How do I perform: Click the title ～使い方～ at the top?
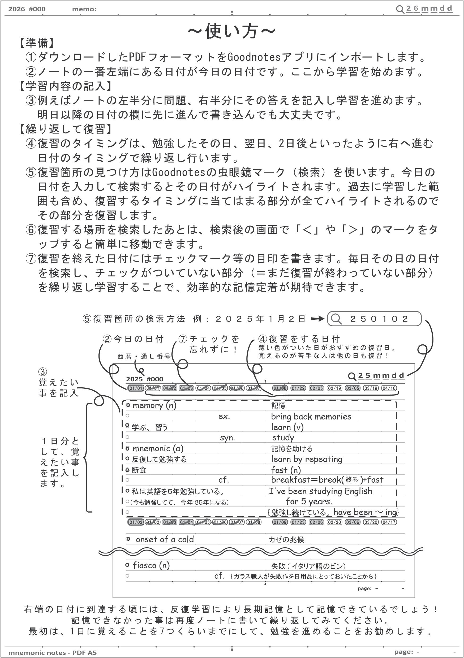(x=232, y=31)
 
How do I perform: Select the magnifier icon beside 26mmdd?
(x=400, y=9)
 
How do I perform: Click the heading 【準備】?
(x=37, y=43)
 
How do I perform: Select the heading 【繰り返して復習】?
(x=66, y=129)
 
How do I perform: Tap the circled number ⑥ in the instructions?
(x=31, y=230)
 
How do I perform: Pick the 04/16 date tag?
(x=389, y=388)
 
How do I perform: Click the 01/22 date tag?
(x=298, y=388)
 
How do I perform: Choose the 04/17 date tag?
(x=389, y=522)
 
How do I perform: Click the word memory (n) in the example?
(x=154, y=405)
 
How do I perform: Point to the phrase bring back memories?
(x=311, y=416)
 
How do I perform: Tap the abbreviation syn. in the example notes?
(x=227, y=438)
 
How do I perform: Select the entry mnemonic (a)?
(x=158, y=448)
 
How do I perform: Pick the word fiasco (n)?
(x=151, y=565)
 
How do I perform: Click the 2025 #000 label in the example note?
(x=144, y=379)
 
